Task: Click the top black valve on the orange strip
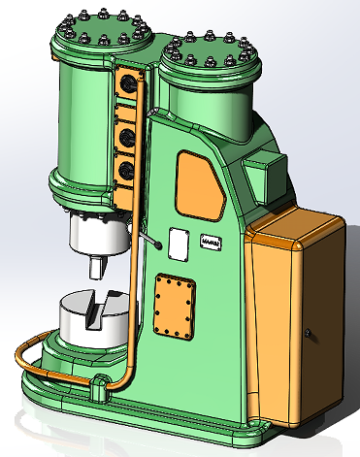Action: pyautogui.click(x=125, y=85)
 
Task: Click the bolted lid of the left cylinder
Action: pyautogui.click(x=103, y=37)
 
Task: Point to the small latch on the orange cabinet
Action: pyautogui.click(x=308, y=334)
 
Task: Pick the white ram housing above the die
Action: pyautogui.click(x=97, y=232)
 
